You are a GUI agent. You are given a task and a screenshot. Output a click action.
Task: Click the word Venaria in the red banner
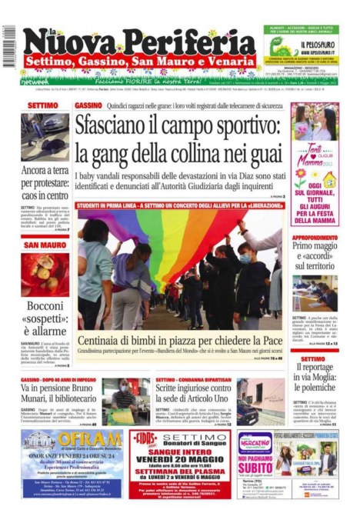[x=228, y=61]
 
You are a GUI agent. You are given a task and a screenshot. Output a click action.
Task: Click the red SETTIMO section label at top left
[x=42, y=105]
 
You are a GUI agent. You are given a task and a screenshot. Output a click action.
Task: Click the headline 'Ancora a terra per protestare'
[x=45, y=182]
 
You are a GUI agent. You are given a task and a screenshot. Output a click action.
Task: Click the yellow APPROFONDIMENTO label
[x=315, y=238]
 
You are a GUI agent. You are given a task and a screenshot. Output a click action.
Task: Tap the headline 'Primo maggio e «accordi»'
[x=315, y=257]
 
